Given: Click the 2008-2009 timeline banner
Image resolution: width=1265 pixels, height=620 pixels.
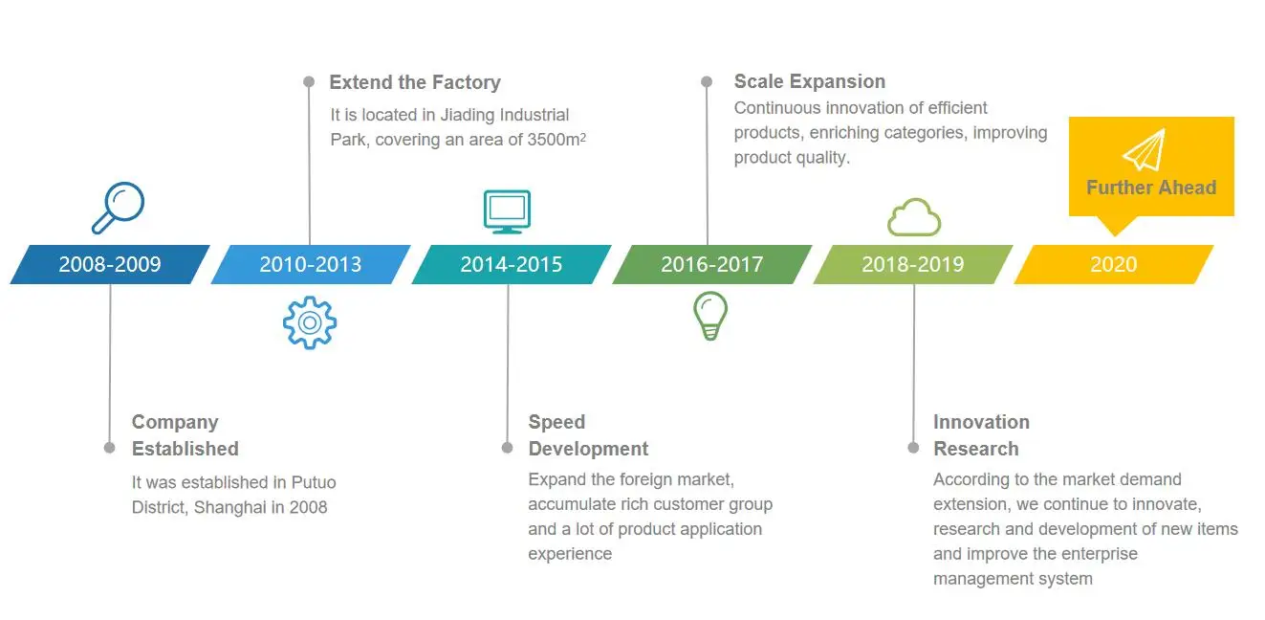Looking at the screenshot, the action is (x=110, y=264).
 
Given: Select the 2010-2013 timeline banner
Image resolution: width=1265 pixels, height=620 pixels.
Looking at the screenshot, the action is (x=311, y=264).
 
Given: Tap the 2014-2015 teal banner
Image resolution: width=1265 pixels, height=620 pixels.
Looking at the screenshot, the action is (x=512, y=264).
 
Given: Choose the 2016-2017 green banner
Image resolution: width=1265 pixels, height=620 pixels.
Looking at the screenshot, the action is (x=712, y=264).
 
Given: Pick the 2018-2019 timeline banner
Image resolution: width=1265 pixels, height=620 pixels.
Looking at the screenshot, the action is (x=913, y=264).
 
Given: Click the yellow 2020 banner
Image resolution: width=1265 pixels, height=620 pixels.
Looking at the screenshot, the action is (x=1114, y=264).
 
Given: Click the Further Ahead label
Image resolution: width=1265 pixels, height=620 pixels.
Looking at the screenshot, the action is (x=1151, y=188).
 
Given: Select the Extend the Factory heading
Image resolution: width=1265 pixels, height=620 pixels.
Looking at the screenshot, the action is (x=415, y=82).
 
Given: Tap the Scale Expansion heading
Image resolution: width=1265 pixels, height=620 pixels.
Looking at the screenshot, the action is (x=810, y=81).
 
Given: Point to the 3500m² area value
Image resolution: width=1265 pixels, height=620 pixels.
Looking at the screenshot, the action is (x=556, y=139).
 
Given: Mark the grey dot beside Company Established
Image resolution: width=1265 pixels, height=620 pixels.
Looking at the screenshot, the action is (x=110, y=448).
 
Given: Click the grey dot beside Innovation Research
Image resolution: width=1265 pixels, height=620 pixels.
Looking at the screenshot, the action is (x=913, y=448).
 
